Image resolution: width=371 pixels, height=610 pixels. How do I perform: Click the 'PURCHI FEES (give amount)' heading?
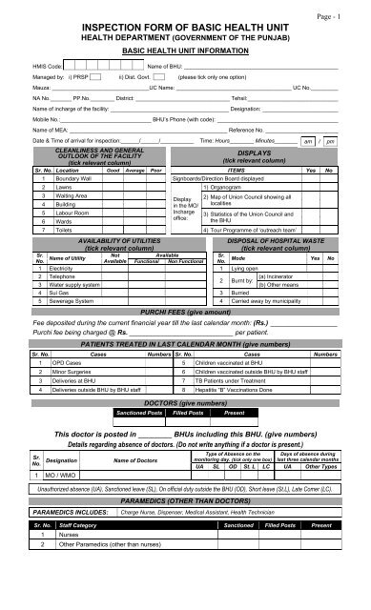click(186, 312)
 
